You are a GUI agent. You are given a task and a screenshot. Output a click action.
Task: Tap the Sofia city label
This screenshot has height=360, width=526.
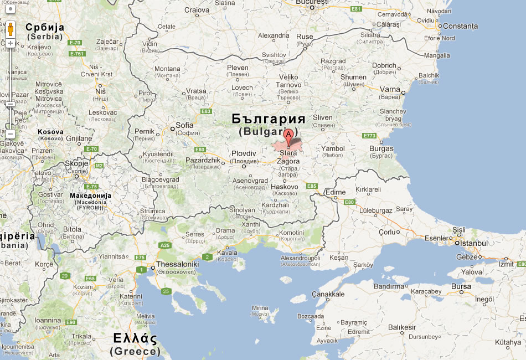click(184, 125)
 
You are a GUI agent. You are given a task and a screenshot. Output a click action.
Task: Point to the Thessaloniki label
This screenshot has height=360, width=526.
click(177, 264)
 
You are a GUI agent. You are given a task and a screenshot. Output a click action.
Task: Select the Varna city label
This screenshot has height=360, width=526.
click(390, 89)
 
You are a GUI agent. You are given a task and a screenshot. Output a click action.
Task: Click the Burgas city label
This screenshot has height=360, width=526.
click(381, 148)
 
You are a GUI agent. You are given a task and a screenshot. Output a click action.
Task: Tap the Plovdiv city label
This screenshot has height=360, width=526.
click(244, 153)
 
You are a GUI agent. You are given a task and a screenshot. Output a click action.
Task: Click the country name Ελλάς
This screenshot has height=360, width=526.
click(135, 338)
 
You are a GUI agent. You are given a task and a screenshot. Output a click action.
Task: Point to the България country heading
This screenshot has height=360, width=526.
click(269, 119)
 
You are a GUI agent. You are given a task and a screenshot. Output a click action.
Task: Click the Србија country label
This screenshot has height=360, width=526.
click(45, 27)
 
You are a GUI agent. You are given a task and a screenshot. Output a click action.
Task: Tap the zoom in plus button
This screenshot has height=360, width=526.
click(11, 43)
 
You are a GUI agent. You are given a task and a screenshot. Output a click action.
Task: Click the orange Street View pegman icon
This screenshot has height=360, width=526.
click(11, 28)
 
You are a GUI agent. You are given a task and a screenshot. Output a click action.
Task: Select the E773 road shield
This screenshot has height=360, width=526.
click(369, 136)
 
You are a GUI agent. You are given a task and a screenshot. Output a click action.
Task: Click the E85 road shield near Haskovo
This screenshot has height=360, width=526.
click(312, 186)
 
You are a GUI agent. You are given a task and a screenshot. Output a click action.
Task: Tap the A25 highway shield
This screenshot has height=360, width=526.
click(165, 245)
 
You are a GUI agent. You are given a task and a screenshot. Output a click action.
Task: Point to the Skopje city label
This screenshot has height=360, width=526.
click(76, 164)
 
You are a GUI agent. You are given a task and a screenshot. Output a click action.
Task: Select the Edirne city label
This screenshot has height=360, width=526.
click(336, 192)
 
